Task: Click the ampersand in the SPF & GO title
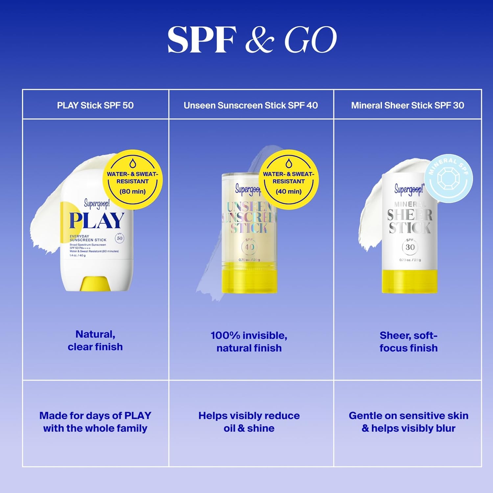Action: pyautogui.click(x=260, y=40)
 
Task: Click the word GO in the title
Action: pyautogui.click(x=311, y=40)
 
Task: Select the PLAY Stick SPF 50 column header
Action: pyautogui.click(x=95, y=105)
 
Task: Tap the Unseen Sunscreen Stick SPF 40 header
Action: pyautogui.click(x=251, y=105)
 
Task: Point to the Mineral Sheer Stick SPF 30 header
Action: pyautogui.click(x=408, y=105)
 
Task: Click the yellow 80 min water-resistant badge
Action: pyautogui.click(x=132, y=179)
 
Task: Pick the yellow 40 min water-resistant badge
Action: pyautogui.click(x=289, y=179)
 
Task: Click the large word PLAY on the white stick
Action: pyautogui.click(x=97, y=221)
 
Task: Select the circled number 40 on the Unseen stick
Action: pyautogui.click(x=249, y=247)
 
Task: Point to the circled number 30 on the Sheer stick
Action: pyautogui.click(x=410, y=247)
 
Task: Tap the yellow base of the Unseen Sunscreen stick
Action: pyautogui.click(x=249, y=281)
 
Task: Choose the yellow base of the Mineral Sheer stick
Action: pyautogui.click(x=410, y=281)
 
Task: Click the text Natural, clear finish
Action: pyautogui.click(x=95, y=340)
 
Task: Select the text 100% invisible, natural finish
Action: pyautogui.click(x=249, y=342)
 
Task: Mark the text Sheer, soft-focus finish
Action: pyautogui.click(x=409, y=342)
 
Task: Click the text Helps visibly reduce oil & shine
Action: pyautogui.click(x=249, y=422)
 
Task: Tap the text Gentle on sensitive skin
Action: pyautogui.click(x=409, y=416)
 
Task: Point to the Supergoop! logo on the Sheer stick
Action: pyautogui.click(x=409, y=189)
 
